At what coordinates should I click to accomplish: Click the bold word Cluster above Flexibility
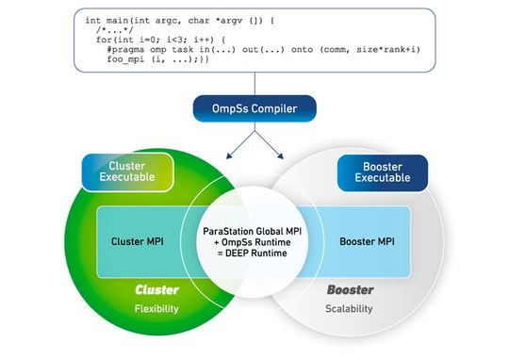(x=156, y=290)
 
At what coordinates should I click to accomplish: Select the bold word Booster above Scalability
(x=350, y=290)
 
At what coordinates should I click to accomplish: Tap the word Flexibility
(x=156, y=308)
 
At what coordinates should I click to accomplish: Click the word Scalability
(x=350, y=308)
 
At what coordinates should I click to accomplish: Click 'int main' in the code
(x=106, y=19)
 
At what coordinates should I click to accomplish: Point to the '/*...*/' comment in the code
(x=113, y=29)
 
